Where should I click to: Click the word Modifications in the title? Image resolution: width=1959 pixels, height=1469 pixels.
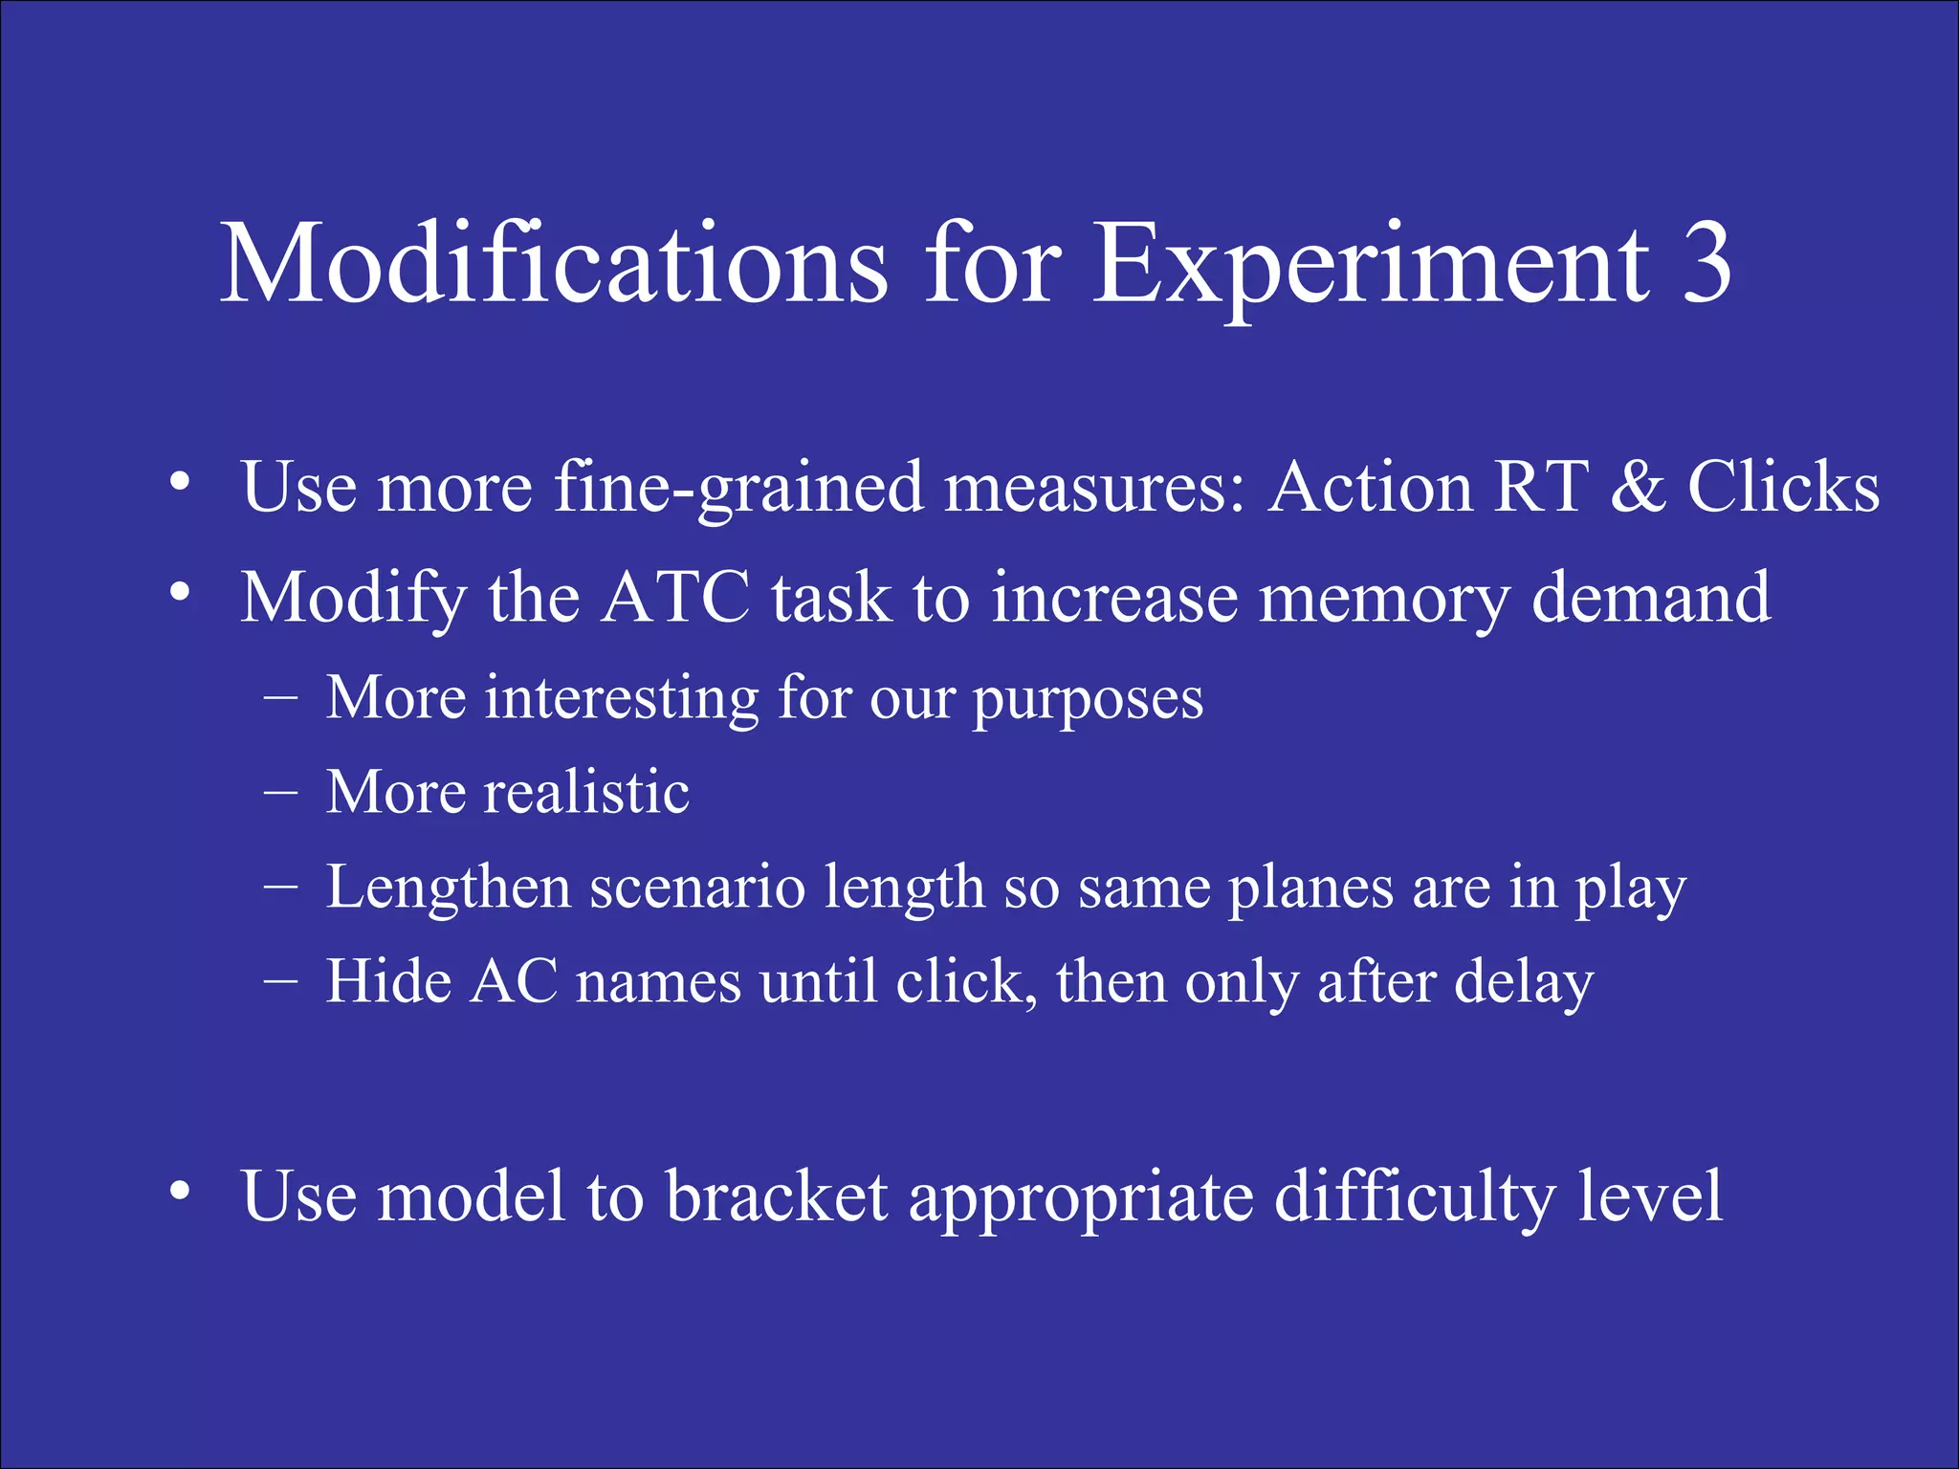pyautogui.click(x=555, y=263)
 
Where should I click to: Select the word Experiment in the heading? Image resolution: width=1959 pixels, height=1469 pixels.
pyautogui.click(x=1371, y=263)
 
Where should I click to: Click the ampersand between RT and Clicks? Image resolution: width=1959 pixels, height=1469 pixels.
pyautogui.click(x=1638, y=488)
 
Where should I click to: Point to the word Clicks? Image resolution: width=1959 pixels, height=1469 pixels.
pyautogui.click(x=1783, y=488)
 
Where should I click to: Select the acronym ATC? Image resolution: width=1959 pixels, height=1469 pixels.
pyautogui.click(x=676, y=598)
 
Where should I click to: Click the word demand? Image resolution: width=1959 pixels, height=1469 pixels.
pyautogui.click(x=1652, y=598)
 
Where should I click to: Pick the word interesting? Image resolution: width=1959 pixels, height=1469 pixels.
pyautogui.click(x=623, y=698)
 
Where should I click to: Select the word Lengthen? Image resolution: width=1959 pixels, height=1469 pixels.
pyautogui.click(x=449, y=888)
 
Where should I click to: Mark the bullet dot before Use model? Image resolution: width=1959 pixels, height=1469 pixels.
pyautogui.click(x=180, y=1191)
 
